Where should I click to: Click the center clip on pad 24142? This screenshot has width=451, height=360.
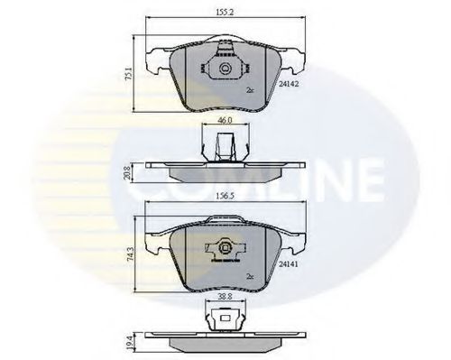click(222, 69)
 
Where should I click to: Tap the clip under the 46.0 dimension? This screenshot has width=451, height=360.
click(223, 144)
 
